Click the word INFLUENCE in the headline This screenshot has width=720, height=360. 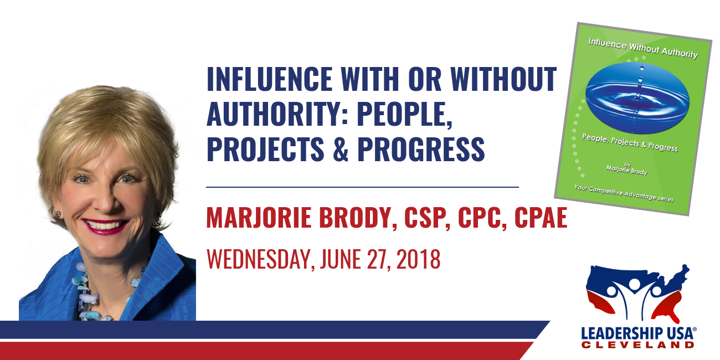pos(269,79)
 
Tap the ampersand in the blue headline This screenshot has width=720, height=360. pos(341,149)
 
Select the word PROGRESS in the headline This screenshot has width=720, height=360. pos(421,149)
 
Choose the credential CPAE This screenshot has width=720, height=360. pos(541,218)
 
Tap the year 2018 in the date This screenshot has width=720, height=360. pos(419,259)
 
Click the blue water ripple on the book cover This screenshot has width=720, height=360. pos(637,97)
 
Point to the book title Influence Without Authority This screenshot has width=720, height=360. pos(643,49)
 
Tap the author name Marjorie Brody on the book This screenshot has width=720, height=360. pos(627,169)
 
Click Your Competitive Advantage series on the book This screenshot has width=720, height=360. pos(624,193)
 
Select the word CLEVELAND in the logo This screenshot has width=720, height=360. pos(637,345)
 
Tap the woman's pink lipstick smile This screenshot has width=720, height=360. pos(105,225)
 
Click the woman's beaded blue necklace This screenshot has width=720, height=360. pos(96,292)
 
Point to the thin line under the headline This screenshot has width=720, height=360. pos(363,187)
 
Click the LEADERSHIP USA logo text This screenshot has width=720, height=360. pos(639,333)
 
